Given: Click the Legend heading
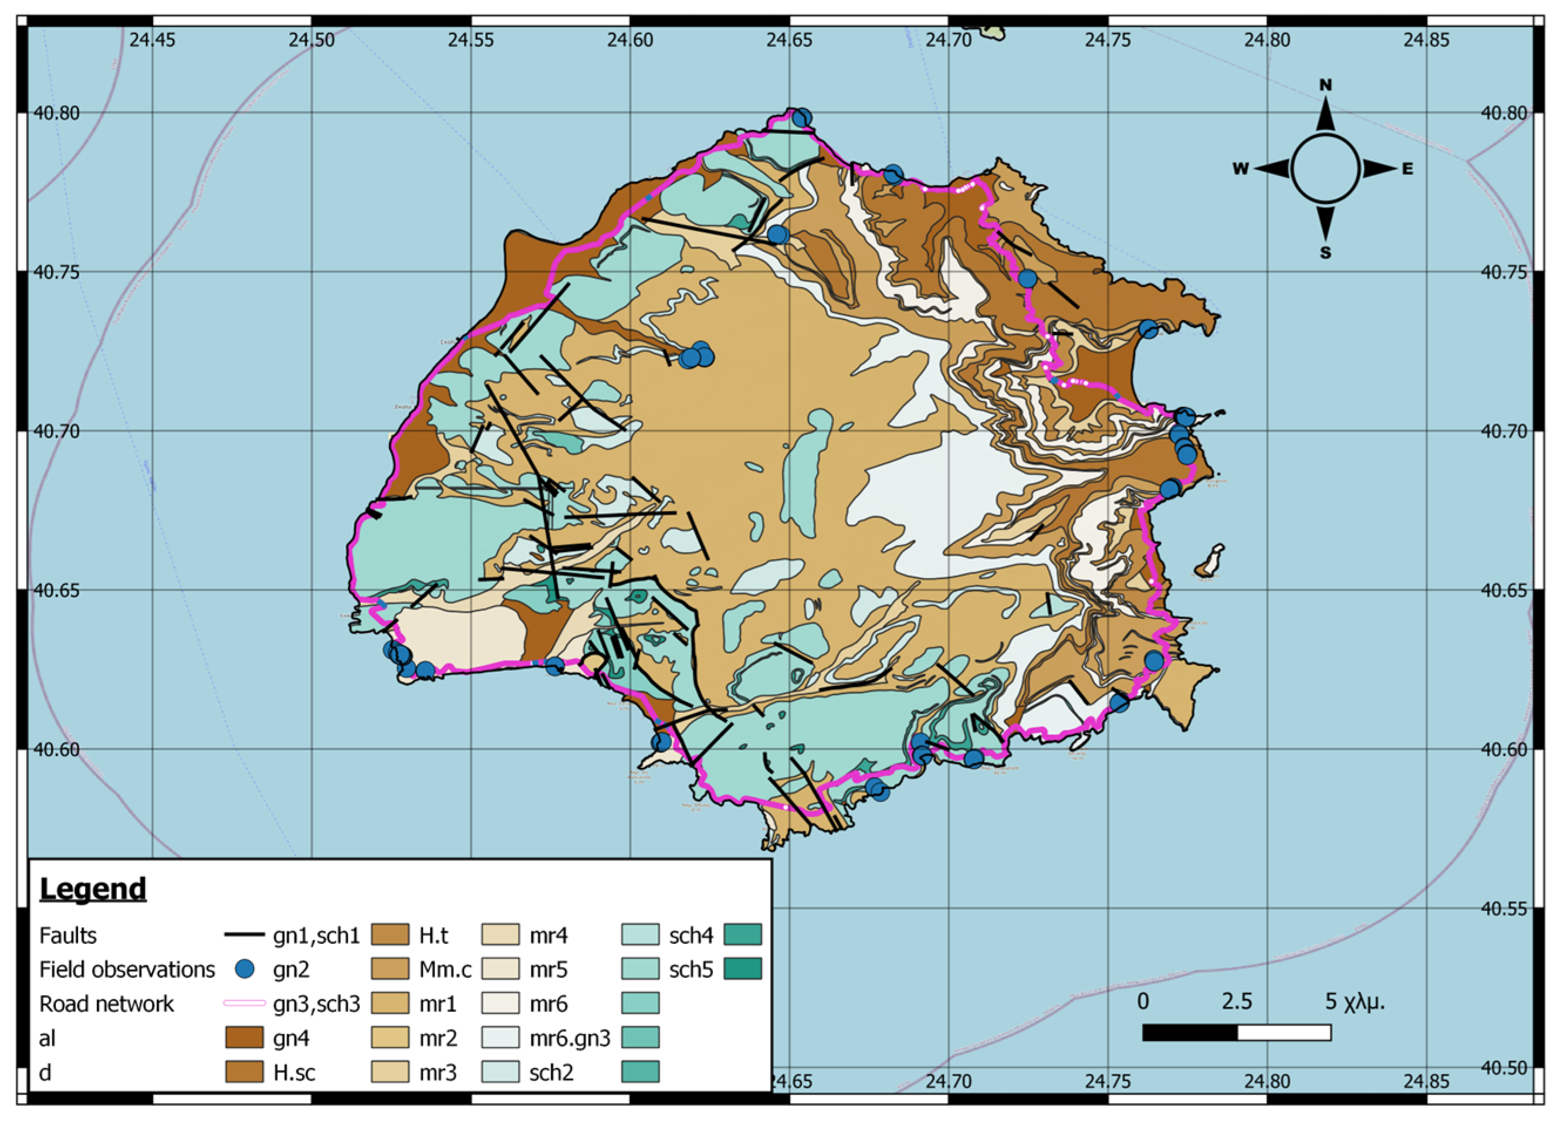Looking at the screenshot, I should (x=93, y=889).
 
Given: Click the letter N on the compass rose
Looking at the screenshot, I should (x=1325, y=85).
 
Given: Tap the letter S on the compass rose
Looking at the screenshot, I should (x=1325, y=253).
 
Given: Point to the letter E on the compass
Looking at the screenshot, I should (x=1407, y=169).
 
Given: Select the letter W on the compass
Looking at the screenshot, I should (x=1240, y=169).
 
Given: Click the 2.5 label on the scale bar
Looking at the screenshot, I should (x=1236, y=1001).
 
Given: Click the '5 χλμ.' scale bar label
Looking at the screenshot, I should (x=1354, y=1001).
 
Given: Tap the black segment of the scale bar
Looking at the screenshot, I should (x=1189, y=1033).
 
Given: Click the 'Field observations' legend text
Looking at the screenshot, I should (x=127, y=970).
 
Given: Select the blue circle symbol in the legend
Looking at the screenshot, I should (x=244, y=970).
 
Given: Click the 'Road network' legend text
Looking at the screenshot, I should (x=107, y=1004).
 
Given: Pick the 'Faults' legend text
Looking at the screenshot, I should (x=68, y=936).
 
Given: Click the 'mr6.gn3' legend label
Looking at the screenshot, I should (x=570, y=1038).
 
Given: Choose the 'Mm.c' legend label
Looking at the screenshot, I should (x=445, y=970).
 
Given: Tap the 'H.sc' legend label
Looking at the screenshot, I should (x=294, y=1073).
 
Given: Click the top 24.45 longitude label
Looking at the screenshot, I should (x=152, y=39).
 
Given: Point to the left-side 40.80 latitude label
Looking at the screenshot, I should (x=57, y=113).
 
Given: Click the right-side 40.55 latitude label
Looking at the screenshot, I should (x=1503, y=909).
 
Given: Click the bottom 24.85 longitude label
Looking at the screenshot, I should (x=1425, y=1081).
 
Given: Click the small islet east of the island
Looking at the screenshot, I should (x=1211, y=560).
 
